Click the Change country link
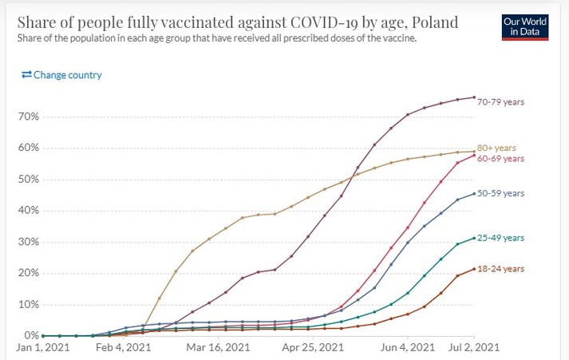[x=61, y=75]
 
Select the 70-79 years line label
[x=500, y=102]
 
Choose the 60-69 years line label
[x=500, y=159]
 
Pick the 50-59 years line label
[x=500, y=193]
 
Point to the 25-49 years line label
[x=500, y=238]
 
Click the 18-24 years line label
[x=500, y=269]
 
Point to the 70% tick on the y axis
[x=30, y=117]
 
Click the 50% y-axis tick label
[x=30, y=179]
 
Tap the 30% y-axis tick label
[x=30, y=242]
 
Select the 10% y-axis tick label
[x=30, y=304]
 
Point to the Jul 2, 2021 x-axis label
[x=473, y=348]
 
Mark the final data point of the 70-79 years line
[x=475, y=97]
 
